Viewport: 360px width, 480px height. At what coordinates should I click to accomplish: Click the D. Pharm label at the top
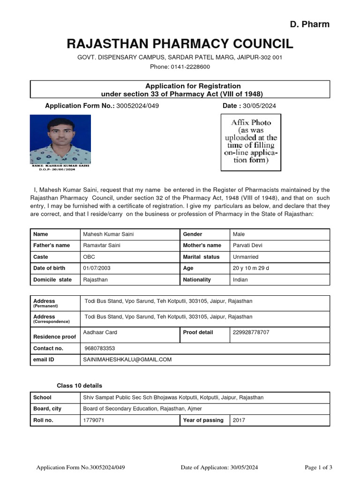click(x=309, y=24)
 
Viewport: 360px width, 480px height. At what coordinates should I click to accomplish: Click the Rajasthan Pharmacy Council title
click(x=180, y=44)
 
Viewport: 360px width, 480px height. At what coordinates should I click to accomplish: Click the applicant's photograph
click(x=60, y=139)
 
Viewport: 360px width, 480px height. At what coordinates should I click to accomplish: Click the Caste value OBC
click(x=89, y=257)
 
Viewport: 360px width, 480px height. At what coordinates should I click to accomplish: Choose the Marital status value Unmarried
click(x=246, y=257)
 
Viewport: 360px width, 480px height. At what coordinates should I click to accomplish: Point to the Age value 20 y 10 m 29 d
click(x=251, y=268)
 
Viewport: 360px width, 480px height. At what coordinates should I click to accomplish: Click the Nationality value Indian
click(x=242, y=280)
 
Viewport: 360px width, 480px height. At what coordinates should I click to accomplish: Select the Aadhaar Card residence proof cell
click(x=100, y=333)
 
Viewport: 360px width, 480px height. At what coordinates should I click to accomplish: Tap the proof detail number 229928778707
click(x=251, y=333)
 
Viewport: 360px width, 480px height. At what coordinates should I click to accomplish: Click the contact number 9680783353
click(x=100, y=349)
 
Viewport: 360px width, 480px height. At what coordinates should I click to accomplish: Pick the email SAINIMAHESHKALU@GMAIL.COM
click(x=127, y=360)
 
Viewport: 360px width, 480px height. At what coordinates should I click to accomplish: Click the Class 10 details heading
click(x=79, y=386)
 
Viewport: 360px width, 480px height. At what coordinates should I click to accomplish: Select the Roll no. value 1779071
click(x=93, y=420)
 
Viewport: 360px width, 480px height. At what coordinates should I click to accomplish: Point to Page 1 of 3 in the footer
click(x=318, y=467)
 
